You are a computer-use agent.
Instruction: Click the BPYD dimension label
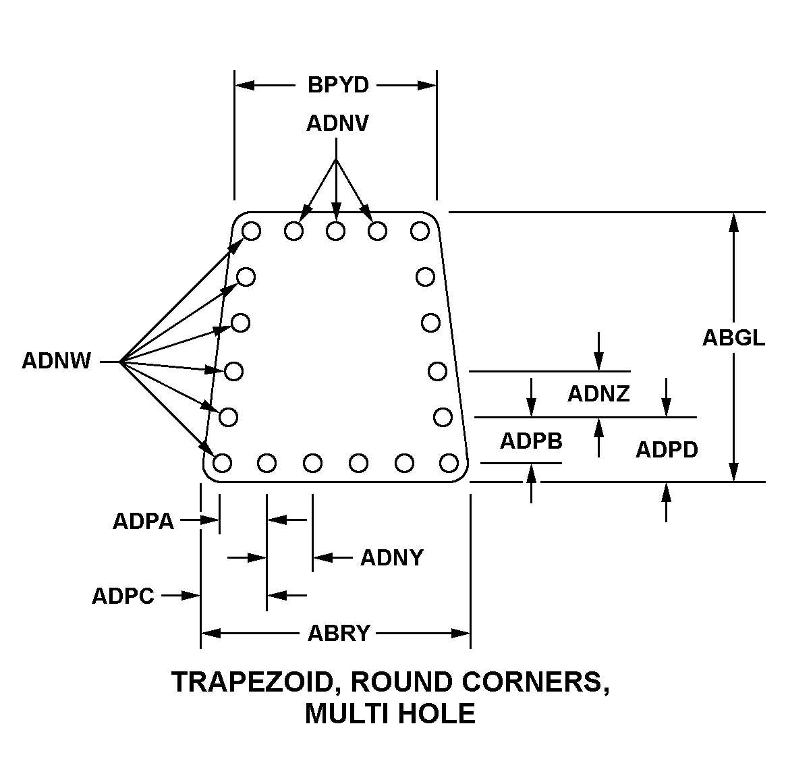pyautogui.click(x=338, y=86)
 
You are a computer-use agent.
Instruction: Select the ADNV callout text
pyautogui.click(x=337, y=124)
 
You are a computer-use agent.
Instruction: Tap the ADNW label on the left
pyautogui.click(x=56, y=362)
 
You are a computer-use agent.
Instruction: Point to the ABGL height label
pyautogui.click(x=733, y=337)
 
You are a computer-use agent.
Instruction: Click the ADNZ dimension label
pyautogui.click(x=598, y=394)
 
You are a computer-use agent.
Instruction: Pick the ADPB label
pyautogui.click(x=531, y=441)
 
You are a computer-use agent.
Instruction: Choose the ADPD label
pyautogui.click(x=667, y=449)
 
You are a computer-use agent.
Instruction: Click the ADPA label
pyautogui.click(x=143, y=522)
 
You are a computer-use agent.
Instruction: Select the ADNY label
pyautogui.click(x=392, y=558)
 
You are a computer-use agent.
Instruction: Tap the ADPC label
pyautogui.click(x=123, y=596)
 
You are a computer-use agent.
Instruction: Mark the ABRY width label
pyautogui.click(x=339, y=634)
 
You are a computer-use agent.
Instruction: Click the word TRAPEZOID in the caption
pyautogui.click(x=254, y=682)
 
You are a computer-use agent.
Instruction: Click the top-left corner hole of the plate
pyautogui.click(x=251, y=231)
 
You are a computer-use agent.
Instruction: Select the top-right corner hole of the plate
pyautogui.click(x=420, y=231)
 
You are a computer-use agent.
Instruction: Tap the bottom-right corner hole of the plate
pyautogui.click(x=449, y=463)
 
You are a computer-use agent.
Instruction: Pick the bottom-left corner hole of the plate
pyautogui.click(x=223, y=463)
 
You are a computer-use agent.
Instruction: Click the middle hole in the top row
pyautogui.click(x=335, y=231)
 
